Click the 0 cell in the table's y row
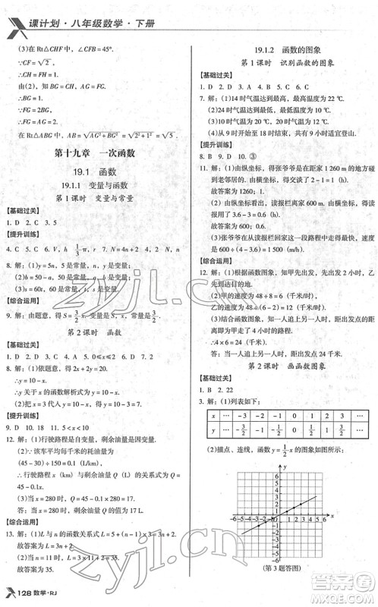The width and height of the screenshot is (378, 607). coord(291,431)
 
